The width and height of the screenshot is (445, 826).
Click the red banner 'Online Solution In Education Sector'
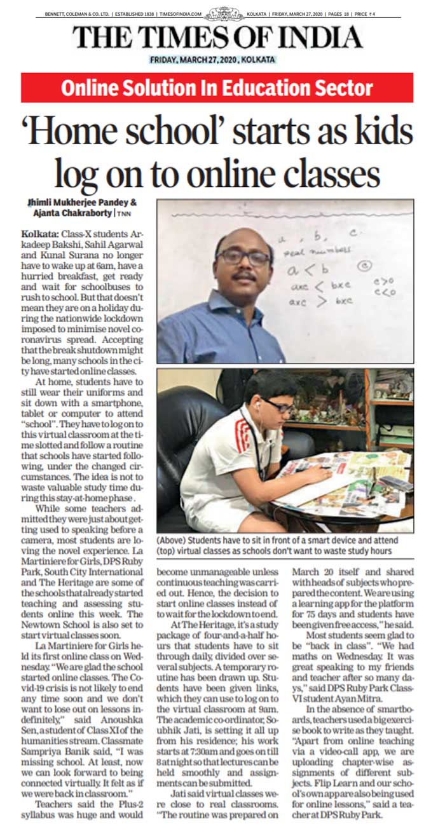coord(217,88)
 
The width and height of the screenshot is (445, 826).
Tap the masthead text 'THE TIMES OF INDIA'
coord(217,37)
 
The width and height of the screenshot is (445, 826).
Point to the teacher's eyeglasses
coord(243,257)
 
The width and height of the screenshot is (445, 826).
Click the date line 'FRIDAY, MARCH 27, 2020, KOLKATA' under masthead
coord(212,60)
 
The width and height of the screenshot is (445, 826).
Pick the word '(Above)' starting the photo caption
coord(173,541)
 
